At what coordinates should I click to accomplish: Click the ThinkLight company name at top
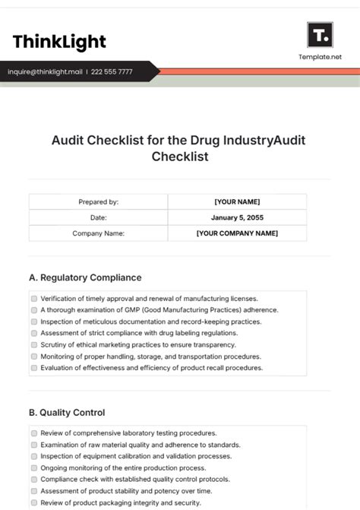(x=59, y=41)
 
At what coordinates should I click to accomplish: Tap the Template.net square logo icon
(x=319, y=35)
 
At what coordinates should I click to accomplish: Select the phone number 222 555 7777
(x=112, y=72)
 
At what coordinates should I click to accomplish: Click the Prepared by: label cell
(x=98, y=202)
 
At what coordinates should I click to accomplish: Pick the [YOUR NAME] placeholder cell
(x=237, y=202)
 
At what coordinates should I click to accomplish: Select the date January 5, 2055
(x=237, y=217)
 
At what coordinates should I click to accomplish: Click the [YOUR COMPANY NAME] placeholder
(x=237, y=233)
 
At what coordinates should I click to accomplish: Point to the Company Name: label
(x=98, y=233)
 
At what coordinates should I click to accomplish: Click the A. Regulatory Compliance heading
(x=85, y=277)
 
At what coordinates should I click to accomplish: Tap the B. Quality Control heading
(x=67, y=413)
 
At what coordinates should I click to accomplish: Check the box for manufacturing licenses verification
(x=34, y=299)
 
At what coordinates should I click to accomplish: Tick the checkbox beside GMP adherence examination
(x=34, y=310)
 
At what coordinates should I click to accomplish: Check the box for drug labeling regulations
(x=34, y=333)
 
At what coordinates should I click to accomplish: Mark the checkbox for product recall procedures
(x=34, y=368)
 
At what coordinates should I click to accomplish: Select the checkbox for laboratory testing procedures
(x=34, y=433)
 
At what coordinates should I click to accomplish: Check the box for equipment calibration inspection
(x=34, y=457)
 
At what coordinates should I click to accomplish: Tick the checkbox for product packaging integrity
(x=34, y=503)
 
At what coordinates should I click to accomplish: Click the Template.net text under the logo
(x=319, y=57)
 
